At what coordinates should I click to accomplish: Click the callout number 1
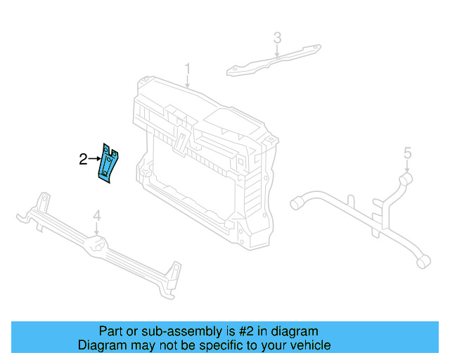pos(188,68)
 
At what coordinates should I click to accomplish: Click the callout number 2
pos(83,159)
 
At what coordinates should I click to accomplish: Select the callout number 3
pos(277,37)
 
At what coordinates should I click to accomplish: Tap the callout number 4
pos(97,215)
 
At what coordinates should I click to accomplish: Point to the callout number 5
pos(406,152)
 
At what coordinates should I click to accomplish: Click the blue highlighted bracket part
pos(109,164)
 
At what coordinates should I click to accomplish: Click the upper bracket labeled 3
pos(274,61)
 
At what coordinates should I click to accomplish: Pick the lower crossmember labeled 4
pos(98,246)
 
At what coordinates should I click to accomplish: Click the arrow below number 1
pos(188,82)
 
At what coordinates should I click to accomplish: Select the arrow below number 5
pos(406,165)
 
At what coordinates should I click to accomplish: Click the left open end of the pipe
pos(296,203)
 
